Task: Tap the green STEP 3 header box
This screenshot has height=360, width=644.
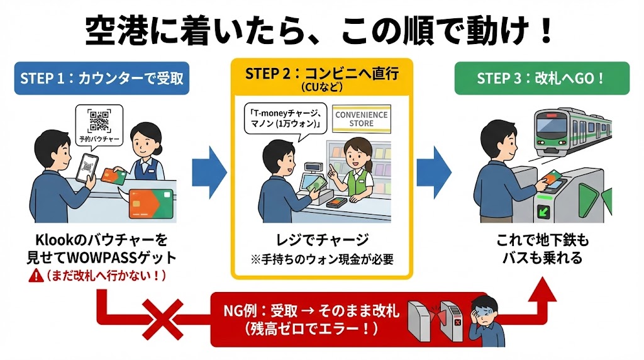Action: (x=541, y=79)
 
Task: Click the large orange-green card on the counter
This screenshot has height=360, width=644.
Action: (x=150, y=203)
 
